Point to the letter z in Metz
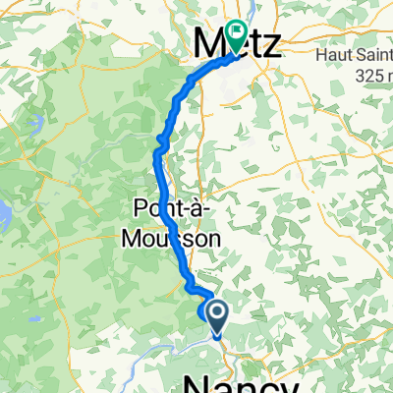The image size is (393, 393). pos(270,44)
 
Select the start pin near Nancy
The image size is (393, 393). pos(215,314)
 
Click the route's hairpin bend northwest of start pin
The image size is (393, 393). pos(188,287)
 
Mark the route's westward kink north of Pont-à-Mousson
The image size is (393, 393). pos(158,147)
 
